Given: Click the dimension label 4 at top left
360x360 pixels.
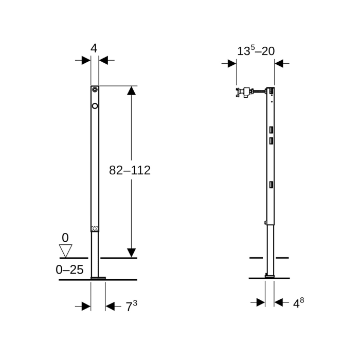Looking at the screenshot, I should pos(94,48).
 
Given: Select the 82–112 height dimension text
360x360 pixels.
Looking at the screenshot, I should pos(130,170).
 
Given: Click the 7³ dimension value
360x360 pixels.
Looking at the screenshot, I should pos(131,307).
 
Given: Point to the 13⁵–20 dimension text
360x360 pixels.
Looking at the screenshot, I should pos(256,51).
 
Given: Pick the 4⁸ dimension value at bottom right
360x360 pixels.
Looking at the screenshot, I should pos(298,303).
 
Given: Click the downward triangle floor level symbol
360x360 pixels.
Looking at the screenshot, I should pos(65,250).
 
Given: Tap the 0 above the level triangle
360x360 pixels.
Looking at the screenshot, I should pos(65,238).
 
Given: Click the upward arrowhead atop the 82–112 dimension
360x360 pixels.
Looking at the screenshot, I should pos(131,91).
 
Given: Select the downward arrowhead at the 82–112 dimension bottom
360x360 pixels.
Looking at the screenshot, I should pos(131,253).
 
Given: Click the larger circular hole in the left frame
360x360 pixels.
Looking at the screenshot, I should pos(95,106).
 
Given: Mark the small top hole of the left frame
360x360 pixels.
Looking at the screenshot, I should pos(95,90).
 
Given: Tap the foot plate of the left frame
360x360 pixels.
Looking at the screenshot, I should pos(98,278).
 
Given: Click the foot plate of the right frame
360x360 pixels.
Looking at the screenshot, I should pos(269,276).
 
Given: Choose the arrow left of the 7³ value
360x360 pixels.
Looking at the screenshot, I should pos(83,307).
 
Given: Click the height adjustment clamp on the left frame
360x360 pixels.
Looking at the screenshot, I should pos(95,228).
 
